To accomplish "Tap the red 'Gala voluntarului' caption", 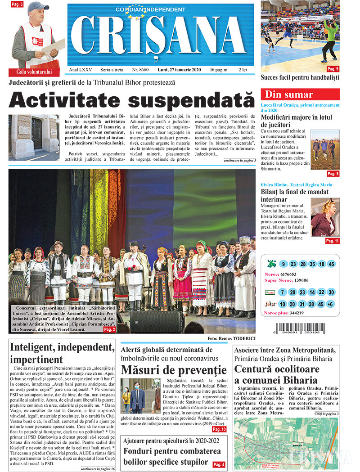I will point(35,72).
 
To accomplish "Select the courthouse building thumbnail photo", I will point(34,138).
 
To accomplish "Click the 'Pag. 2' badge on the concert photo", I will point(110,329).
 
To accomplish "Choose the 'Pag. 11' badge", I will point(332,241).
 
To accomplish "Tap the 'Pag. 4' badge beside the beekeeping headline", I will point(219,465).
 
